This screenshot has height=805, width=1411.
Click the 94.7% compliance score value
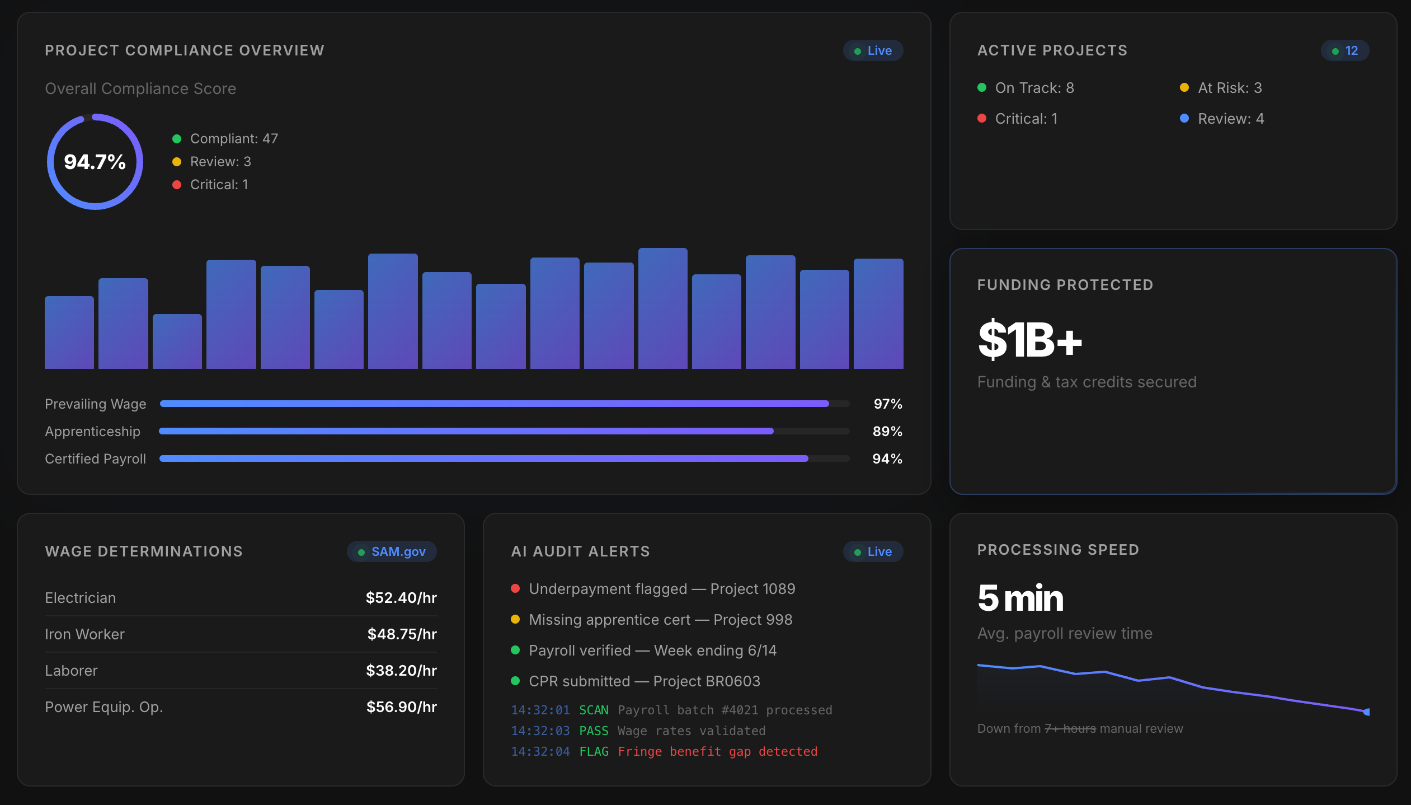pyautogui.click(x=95, y=162)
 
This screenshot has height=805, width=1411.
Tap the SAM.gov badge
pyautogui.click(x=392, y=551)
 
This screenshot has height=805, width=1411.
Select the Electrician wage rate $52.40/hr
pyautogui.click(x=401, y=598)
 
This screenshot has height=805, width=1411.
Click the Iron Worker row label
pyautogui.click(x=84, y=634)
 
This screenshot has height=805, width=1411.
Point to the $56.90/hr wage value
pyautogui.click(x=402, y=707)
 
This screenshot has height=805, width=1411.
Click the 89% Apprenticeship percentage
pyautogui.click(x=887, y=431)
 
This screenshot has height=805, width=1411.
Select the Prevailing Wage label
pyautogui.click(x=96, y=404)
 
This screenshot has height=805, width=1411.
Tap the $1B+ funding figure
pyautogui.click(x=1029, y=340)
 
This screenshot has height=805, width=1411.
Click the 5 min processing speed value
pyautogui.click(x=1020, y=598)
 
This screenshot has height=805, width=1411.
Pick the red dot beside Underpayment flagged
pyautogui.click(x=515, y=588)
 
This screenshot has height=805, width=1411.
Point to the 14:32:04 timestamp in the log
pyautogui.click(x=540, y=751)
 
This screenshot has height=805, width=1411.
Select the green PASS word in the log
pyautogui.click(x=594, y=731)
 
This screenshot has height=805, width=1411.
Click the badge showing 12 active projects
pyautogui.click(x=1344, y=50)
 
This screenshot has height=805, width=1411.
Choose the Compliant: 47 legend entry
pyautogui.click(x=225, y=138)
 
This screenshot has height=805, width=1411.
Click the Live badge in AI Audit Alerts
pyautogui.click(x=873, y=551)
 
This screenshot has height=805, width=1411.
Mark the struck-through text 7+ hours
pyautogui.click(x=1070, y=728)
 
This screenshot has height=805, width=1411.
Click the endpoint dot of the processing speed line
pyautogui.click(x=1366, y=712)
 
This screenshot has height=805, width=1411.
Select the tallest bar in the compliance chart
pyautogui.click(x=662, y=308)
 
